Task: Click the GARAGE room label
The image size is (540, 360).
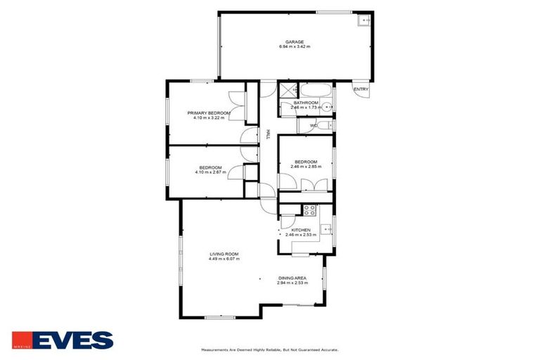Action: coord(294,41)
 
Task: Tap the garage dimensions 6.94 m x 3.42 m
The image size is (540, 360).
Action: coord(294,47)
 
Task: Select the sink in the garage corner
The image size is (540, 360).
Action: coord(364,20)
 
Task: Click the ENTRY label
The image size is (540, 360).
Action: coord(361,89)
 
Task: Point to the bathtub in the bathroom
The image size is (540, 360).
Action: coord(316,91)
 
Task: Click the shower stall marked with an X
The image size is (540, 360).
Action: coord(288,90)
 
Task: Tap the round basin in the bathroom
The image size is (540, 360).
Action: coord(326,107)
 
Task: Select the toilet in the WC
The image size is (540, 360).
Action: coord(323,126)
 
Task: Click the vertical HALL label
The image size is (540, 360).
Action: coord(268,134)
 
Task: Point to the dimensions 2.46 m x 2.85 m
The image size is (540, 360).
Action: coord(306,167)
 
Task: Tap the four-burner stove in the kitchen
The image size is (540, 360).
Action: coord(309,209)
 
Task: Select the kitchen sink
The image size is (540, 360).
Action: coord(326,229)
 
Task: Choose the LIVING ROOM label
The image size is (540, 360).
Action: coord(224,254)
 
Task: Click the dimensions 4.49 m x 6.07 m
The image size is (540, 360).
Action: coord(224,259)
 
